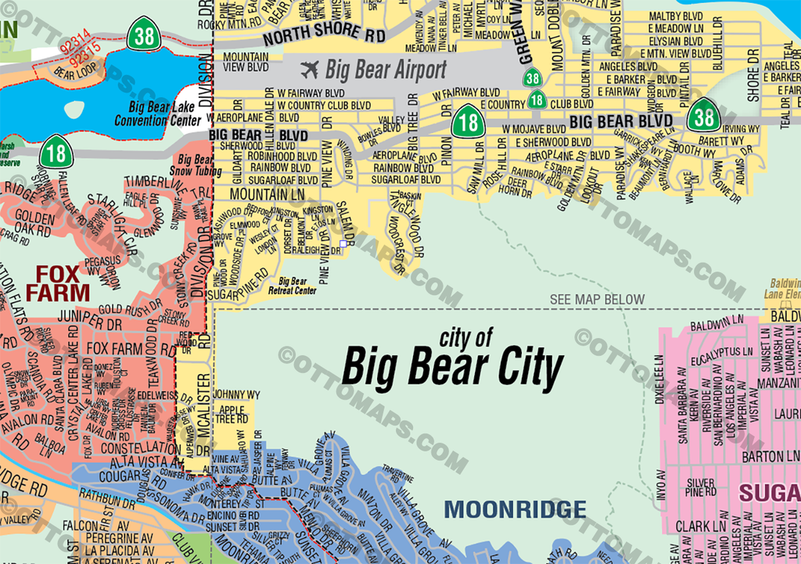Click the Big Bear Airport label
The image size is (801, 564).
click(386, 70)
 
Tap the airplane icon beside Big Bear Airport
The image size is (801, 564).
click(310, 70)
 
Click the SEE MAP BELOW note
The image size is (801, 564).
click(598, 300)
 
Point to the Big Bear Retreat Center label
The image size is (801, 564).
click(297, 286)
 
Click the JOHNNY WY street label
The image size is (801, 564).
click(235, 394)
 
